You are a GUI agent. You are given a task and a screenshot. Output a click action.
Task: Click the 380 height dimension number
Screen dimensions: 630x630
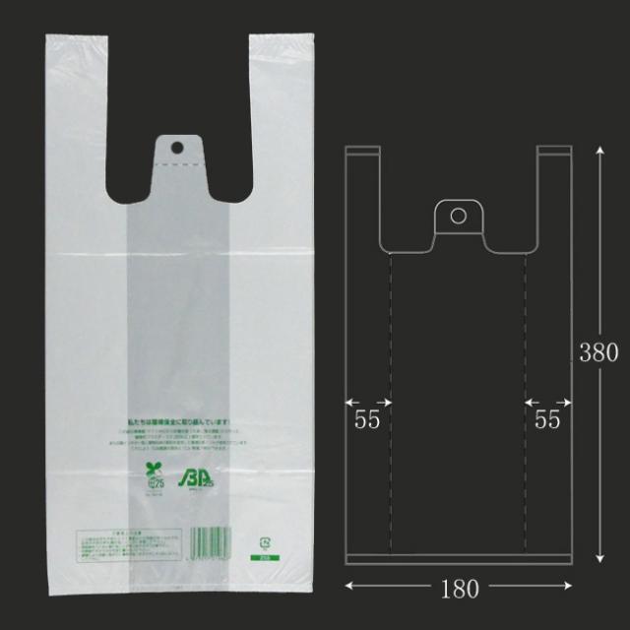coord(598,352)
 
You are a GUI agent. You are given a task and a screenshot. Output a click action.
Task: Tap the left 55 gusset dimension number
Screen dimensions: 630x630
coord(367,419)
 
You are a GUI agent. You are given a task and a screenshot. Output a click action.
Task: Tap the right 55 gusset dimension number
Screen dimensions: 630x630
coord(548,419)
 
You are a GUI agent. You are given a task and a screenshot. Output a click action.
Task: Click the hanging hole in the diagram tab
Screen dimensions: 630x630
coord(457,215)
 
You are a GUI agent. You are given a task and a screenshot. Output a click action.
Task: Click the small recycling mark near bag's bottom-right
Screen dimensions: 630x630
coord(264,541)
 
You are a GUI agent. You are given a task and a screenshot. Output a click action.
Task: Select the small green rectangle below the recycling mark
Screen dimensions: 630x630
coord(264,557)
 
